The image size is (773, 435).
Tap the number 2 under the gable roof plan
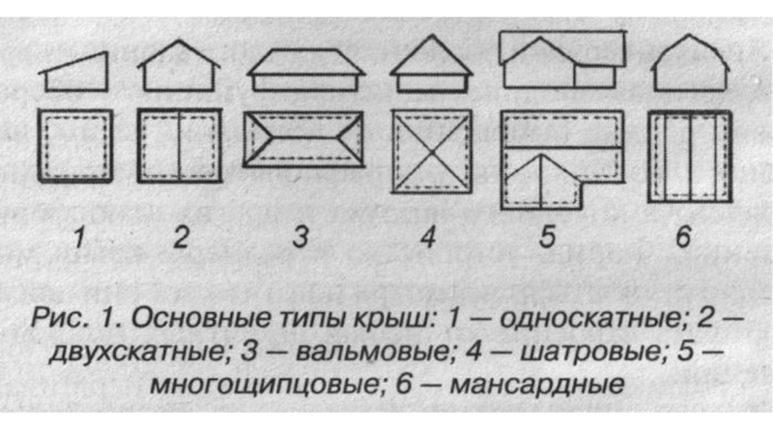coord(180,237)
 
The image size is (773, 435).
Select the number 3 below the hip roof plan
coord(301,237)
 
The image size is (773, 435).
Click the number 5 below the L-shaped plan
coord(550,238)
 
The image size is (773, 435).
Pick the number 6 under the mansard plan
coord(683,238)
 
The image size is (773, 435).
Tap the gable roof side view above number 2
coord(180,68)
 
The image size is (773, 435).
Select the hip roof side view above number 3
coord(305,70)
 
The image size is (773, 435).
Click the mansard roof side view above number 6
coord(689,66)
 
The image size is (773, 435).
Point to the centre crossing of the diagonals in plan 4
coord(431,153)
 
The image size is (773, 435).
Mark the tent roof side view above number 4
coord(430,66)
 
